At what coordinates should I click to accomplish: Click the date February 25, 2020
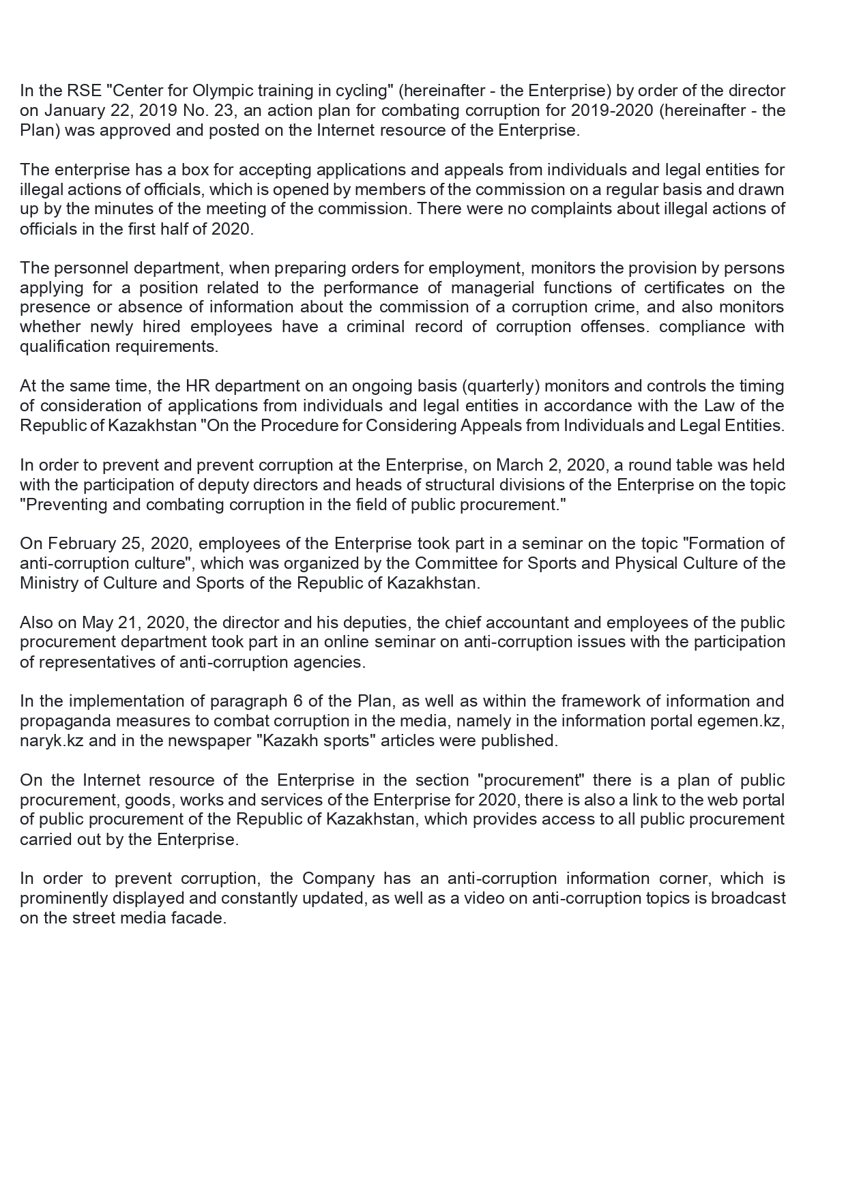(108, 544)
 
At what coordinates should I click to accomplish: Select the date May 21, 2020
(135, 623)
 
